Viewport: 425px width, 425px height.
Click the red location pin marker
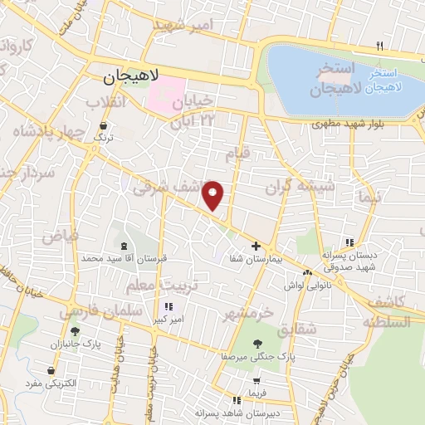213,196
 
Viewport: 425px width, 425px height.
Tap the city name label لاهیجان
137,79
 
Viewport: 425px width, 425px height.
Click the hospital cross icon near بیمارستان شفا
256,246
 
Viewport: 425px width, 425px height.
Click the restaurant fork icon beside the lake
379,46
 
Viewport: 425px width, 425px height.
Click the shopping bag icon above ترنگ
103,125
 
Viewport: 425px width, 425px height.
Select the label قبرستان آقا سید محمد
125,259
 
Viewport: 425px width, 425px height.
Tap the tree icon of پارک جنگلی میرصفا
256,343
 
